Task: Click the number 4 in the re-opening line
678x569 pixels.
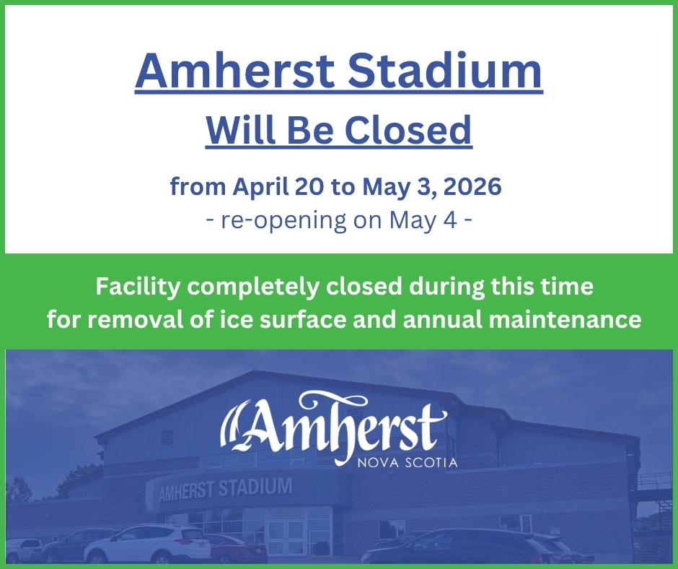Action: coord(450,220)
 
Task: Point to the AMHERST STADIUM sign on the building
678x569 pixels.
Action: coord(224,489)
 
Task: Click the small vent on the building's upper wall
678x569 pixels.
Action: coord(168,438)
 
